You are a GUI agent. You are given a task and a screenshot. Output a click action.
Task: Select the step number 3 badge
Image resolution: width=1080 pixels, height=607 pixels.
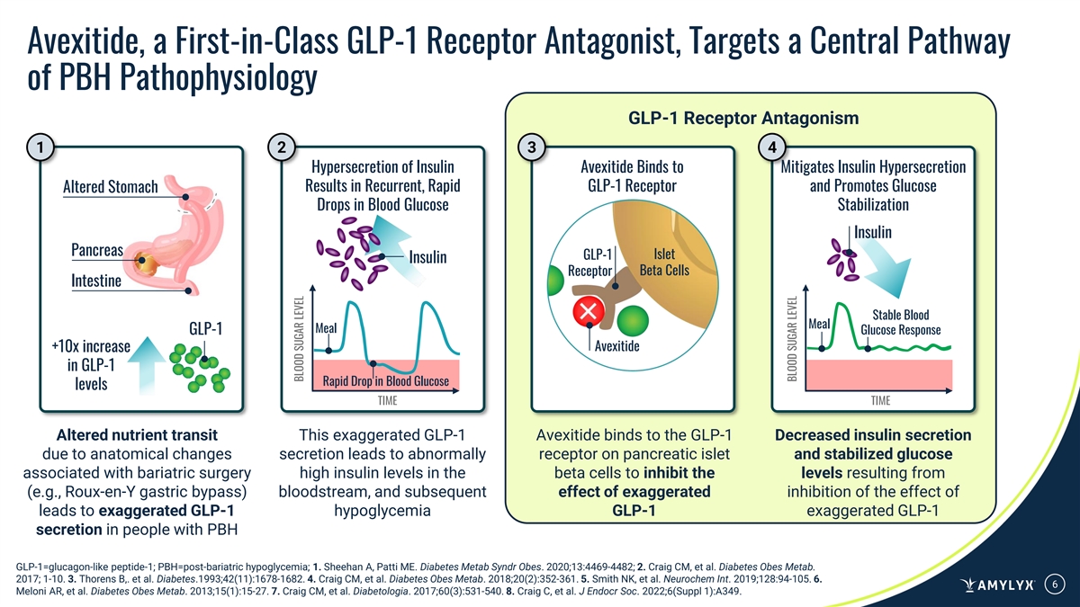(532, 147)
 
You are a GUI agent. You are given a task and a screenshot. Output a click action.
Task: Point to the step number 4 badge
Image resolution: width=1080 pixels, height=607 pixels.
(770, 147)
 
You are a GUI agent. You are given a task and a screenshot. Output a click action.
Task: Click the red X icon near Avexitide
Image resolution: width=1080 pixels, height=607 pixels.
(589, 311)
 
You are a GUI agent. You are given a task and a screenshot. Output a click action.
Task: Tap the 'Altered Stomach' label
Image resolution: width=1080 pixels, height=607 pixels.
(111, 187)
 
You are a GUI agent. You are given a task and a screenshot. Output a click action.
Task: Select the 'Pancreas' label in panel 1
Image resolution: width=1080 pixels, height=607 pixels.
(96, 248)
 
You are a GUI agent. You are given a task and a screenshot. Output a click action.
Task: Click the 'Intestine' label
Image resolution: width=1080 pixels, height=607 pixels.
(95, 281)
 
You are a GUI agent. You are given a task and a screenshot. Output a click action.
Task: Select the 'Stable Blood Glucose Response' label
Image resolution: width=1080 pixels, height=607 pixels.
(901, 322)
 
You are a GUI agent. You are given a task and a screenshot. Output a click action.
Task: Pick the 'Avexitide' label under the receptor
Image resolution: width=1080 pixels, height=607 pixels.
(617, 346)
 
